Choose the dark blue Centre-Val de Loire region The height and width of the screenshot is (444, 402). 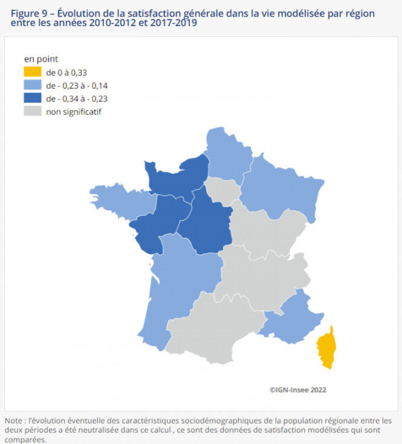pyautogui.click(x=205, y=222)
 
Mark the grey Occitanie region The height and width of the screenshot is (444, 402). pyautogui.click(x=214, y=327)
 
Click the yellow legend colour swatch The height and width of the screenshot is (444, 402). pyautogui.click(x=33, y=72)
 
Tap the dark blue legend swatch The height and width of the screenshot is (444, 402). pyautogui.click(x=33, y=98)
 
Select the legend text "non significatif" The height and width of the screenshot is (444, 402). pyautogui.click(x=74, y=111)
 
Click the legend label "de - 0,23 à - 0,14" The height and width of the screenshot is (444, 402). pyautogui.click(x=77, y=85)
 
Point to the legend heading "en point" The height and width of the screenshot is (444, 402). pyautogui.click(x=41, y=59)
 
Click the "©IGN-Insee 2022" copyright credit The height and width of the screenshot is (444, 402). pyautogui.click(x=298, y=390)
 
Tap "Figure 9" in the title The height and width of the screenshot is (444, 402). pyautogui.click(x=30, y=14)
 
